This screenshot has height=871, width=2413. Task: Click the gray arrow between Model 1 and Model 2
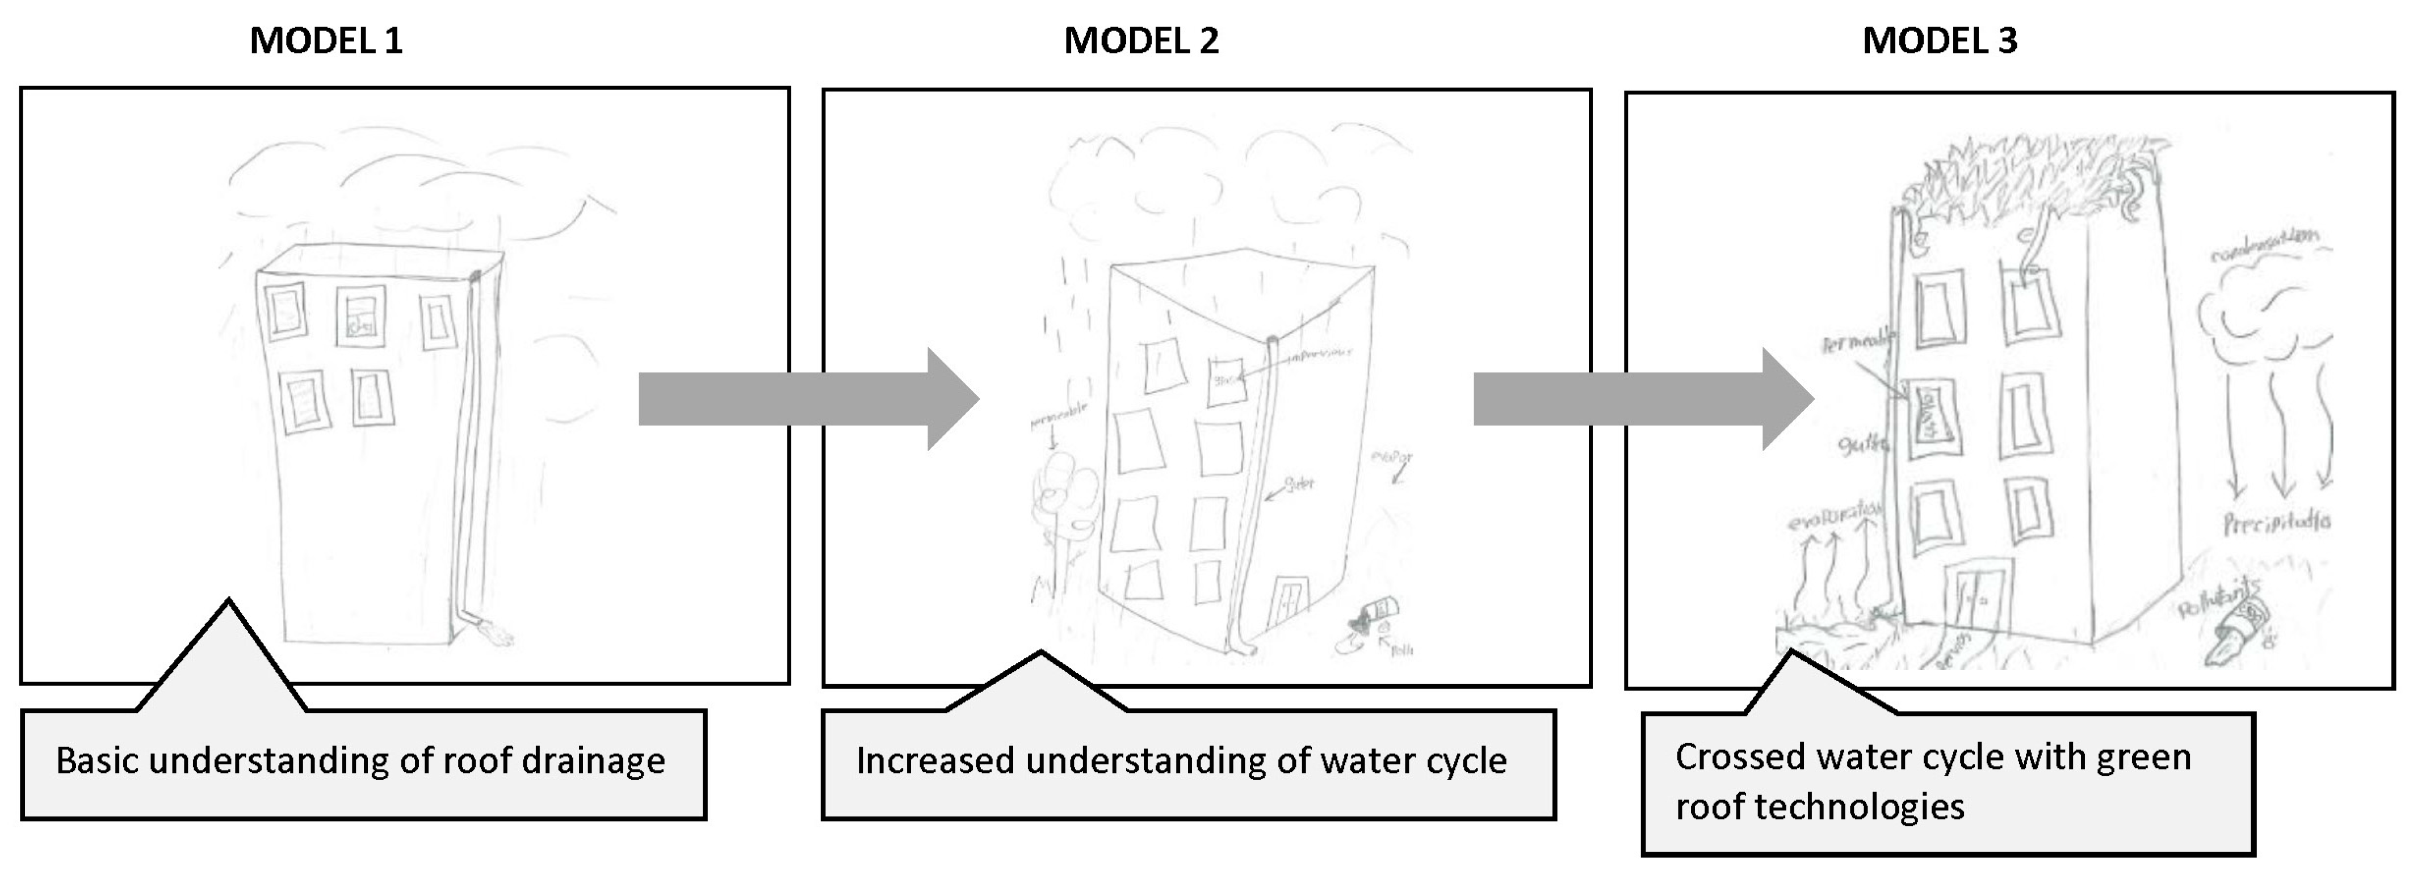(808, 399)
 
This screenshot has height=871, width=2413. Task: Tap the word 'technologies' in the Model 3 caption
(1819, 806)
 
